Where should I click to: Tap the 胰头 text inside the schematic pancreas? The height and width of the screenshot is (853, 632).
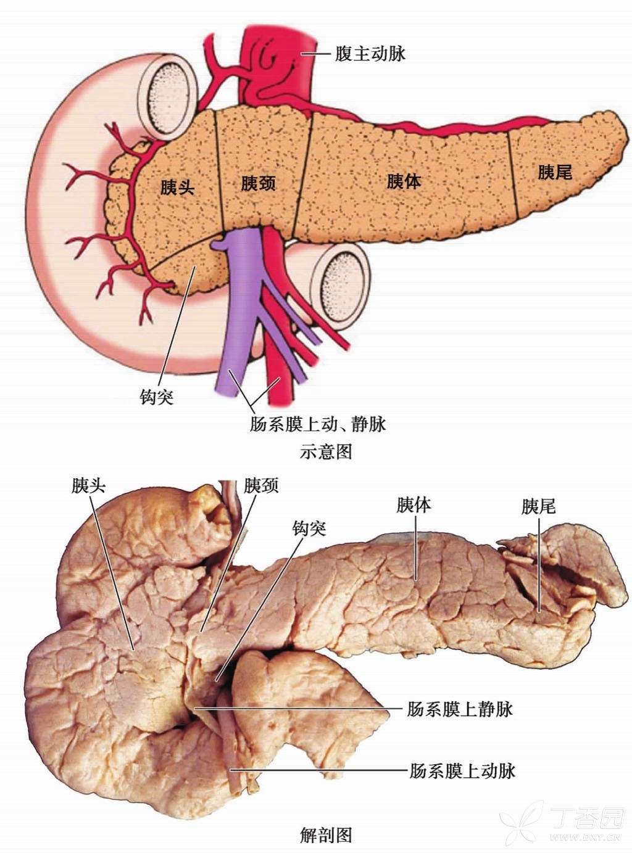click(177, 187)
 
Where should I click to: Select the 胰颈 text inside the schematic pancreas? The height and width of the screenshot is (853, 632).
click(258, 183)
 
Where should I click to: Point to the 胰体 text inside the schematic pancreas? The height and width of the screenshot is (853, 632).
click(404, 181)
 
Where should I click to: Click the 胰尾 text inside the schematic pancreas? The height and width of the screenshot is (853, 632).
click(555, 172)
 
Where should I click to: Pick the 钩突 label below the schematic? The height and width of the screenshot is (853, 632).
click(157, 396)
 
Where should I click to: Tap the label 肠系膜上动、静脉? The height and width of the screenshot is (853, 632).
click(318, 424)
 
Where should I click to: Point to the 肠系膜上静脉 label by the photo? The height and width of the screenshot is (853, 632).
click(460, 709)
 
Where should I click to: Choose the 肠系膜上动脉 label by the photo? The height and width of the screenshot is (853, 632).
click(462, 770)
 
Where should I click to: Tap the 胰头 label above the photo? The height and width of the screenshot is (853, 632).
click(88, 485)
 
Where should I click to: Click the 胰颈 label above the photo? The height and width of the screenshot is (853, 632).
click(261, 485)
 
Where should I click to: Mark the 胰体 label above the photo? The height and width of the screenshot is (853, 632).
click(414, 506)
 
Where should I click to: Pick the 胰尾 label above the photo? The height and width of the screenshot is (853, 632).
click(538, 507)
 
